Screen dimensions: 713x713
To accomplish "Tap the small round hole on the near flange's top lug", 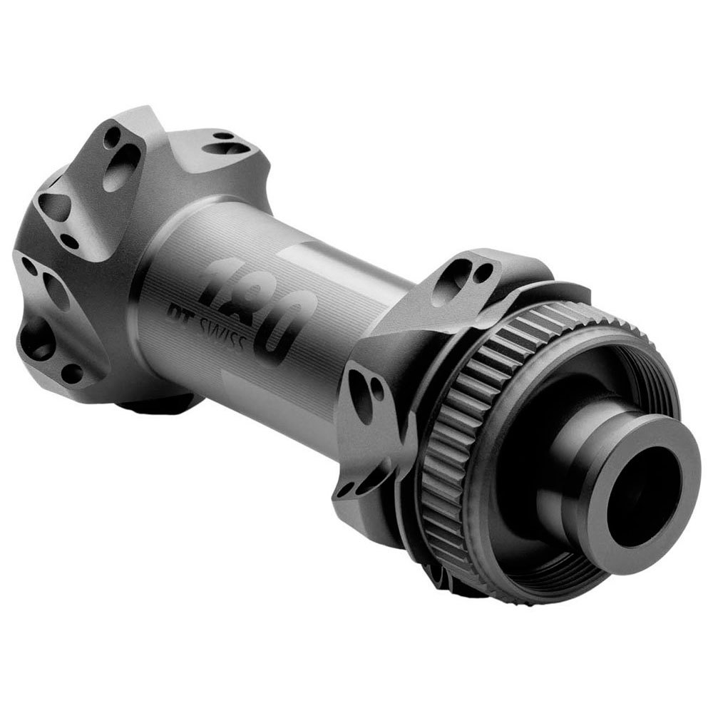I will (484, 270).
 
